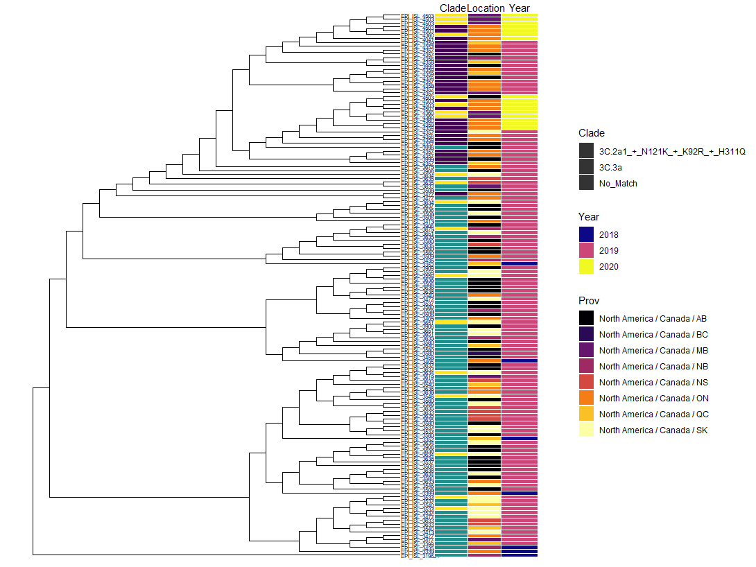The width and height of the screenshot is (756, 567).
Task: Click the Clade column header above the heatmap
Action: [453, 8]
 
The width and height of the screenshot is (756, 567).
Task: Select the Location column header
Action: [486, 8]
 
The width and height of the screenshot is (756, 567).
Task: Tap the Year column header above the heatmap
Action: [519, 8]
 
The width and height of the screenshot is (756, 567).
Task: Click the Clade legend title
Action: [592, 133]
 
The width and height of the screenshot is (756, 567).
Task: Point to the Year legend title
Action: [589, 217]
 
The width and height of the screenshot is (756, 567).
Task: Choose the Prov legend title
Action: [589, 301]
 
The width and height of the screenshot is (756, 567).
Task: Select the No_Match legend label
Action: [618, 184]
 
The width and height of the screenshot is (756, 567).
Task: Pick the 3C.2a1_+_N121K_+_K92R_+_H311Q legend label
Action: [672, 152]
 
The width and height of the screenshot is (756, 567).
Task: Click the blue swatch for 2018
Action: [587, 235]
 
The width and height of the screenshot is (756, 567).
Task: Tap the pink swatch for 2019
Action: [587, 251]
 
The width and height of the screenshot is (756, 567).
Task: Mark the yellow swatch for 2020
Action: [587, 267]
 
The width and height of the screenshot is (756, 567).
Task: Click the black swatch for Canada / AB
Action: [587, 319]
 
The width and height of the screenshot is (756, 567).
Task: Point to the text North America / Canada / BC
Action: [653, 335]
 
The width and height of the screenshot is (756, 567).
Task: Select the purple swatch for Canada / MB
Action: [587, 351]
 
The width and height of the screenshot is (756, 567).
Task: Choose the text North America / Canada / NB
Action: [653, 367]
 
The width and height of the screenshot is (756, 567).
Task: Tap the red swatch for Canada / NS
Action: [587, 383]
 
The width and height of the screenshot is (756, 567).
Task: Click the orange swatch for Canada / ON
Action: [587, 399]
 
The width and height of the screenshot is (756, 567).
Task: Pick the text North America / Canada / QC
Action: [653, 415]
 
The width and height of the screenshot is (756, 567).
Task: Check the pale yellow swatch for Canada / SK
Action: [587, 430]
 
